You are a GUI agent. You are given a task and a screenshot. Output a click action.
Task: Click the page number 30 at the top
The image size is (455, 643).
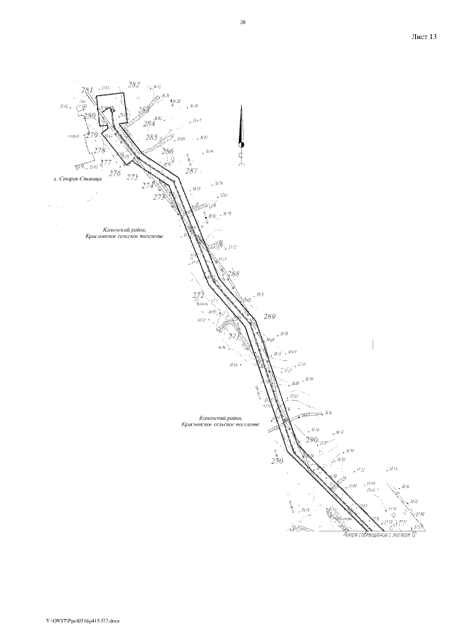pos(242,23)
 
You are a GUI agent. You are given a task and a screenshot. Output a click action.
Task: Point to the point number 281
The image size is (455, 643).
pos(87,90)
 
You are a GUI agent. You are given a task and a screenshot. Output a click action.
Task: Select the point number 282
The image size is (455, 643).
pos(134,85)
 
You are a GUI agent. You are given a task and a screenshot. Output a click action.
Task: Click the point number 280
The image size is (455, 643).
pos(90,116)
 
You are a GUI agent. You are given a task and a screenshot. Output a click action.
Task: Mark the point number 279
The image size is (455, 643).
pos(92,135)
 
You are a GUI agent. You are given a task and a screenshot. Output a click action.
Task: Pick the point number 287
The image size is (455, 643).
pos(191,171)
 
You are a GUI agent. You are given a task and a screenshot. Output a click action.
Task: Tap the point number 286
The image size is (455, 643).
pos(168,151)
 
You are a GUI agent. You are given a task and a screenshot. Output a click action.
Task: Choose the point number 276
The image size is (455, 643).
pos(115,173)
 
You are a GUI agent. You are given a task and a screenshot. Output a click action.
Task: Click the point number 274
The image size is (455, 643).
pos(148,185)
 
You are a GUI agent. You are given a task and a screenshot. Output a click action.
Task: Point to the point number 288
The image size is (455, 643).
pos(233,274)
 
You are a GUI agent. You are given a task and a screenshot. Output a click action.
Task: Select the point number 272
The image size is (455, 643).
pos(198,294)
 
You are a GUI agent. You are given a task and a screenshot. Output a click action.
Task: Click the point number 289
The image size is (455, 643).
pos(269,317)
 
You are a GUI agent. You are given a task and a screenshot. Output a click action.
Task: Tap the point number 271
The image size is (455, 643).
pos(234,336)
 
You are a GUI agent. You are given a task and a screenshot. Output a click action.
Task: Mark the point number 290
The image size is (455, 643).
pos(311,440)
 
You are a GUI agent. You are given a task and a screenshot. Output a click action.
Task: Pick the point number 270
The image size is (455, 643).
pos(277,461)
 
